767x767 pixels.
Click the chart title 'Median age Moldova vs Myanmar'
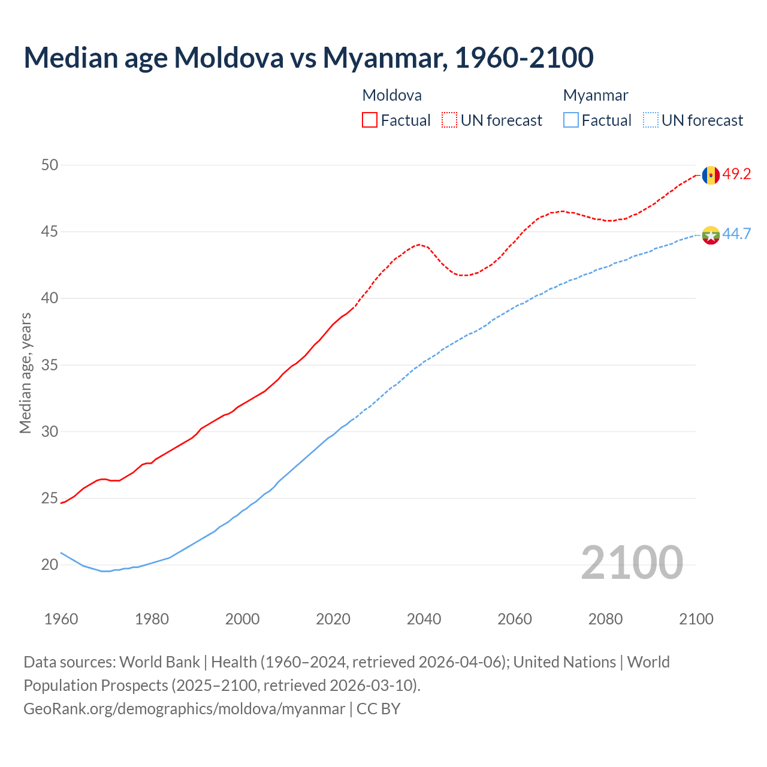tap(308, 58)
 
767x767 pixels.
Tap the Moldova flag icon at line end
tap(711, 175)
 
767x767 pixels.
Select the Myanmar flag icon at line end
tap(711, 235)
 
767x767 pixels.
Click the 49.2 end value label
tap(736, 174)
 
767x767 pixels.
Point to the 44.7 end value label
tap(736, 234)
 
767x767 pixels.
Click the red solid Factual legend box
tap(370, 120)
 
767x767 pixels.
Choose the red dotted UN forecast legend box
tap(449, 120)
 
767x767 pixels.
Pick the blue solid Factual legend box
tap(571, 120)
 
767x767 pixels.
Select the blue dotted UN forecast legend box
tap(650, 120)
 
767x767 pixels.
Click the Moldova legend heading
tap(392, 95)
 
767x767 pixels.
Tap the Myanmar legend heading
tap(596, 95)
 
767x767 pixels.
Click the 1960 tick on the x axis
tap(61, 619)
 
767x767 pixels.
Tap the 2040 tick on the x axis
tap(424, 619)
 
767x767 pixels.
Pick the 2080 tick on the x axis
tap(605, 619)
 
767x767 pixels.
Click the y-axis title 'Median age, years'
tap(25, 373)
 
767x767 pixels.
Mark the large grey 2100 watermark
tap(632, 562)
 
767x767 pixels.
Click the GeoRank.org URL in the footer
tap(184, 709)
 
